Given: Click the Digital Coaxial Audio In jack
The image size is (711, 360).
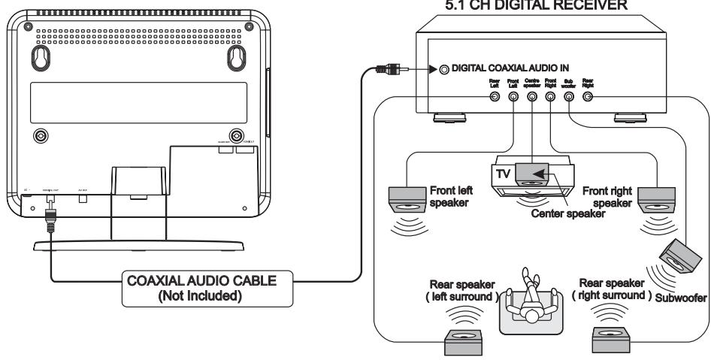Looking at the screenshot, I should (445, 70).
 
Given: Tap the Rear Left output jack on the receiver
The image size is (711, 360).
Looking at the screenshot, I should (494, 97).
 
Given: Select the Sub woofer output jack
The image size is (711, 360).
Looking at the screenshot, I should (570, 97).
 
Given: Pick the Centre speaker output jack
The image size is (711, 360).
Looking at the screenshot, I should (531, 97).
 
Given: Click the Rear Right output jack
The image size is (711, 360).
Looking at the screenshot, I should (588, 97).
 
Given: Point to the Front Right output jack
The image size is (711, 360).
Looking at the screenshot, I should (550, 97).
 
